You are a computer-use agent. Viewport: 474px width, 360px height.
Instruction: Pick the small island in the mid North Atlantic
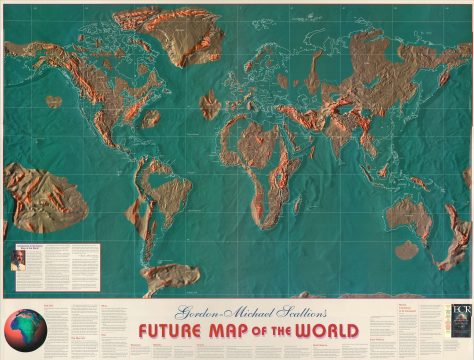coord(210,105)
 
